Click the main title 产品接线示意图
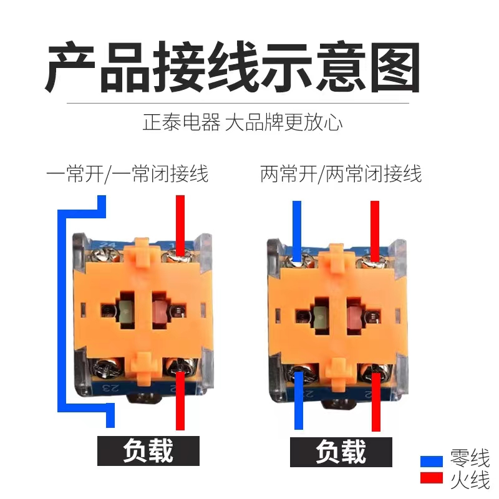(x=233, y=67)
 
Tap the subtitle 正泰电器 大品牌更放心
(x=243, y=122)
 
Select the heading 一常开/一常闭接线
(x=127, y=174)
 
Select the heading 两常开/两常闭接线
(x=341, y=174)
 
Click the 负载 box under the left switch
(x=148, y=450)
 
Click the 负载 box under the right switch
(x=341, y=452)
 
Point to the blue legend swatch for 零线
(x=431, y=462)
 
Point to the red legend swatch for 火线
(x=431, y=478)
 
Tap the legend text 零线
(x=470, y=458)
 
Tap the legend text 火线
(x=470, y=480)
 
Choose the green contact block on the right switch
(x=321, y=316)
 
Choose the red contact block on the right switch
(x=354, y=316)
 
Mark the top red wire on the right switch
(x=375, y=231)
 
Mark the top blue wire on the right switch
(x=297, y=231)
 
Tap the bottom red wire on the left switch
(x=180, y=400)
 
